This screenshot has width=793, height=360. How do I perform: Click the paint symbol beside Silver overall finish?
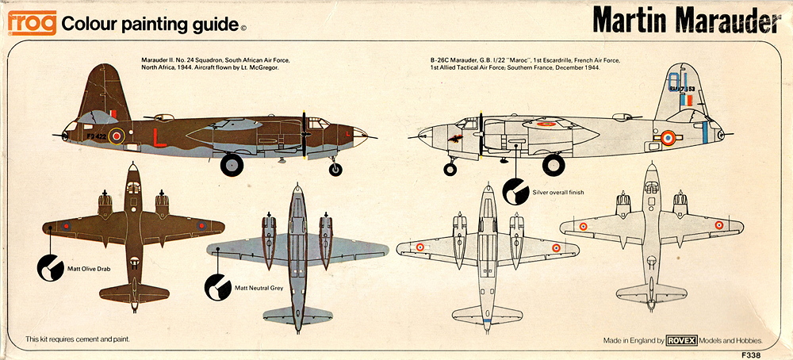[515, 190]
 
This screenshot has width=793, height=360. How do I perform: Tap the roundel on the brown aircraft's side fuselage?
[117, 137]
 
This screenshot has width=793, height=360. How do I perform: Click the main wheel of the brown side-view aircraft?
[232, 164]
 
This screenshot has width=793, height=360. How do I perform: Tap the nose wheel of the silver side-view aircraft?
[451, 168]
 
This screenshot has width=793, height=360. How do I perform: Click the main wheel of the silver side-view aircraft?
[554, 165]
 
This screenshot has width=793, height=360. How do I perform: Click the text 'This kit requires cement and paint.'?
[78, 339]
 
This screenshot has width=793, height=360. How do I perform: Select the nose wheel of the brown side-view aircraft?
[336, 169]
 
